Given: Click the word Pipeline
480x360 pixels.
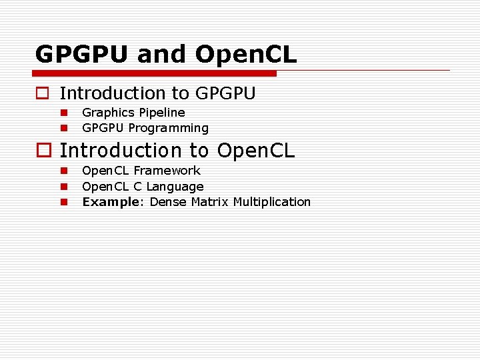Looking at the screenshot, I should click(x=162, y=113).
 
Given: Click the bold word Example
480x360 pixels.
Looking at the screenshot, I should click(x=110, y=202).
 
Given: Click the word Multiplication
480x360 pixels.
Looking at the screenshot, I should click(x=272, y=202).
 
